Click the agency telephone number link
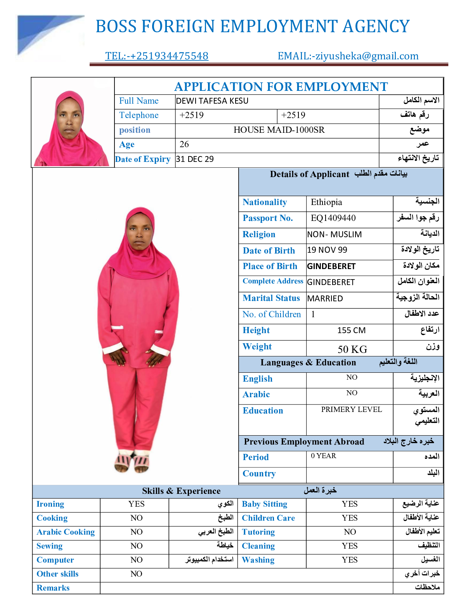point(156,56)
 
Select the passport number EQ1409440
point(333,218)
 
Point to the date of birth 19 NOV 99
point(327,250)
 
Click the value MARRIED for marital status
point(325,299)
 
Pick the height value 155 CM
point(351,330)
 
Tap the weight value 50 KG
point(352,349)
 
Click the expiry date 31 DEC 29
point(195,159)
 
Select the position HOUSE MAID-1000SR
point(279,130)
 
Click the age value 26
point(184,144)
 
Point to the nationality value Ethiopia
point(326,202)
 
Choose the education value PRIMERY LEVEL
point(351,410)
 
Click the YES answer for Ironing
point(136,504)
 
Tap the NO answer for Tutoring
point(350,532)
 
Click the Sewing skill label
point(49,546)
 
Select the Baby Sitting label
point(264,504)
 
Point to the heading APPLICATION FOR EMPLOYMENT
point(281,87)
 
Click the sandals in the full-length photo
point(132,462)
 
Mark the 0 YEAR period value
point(323,456)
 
